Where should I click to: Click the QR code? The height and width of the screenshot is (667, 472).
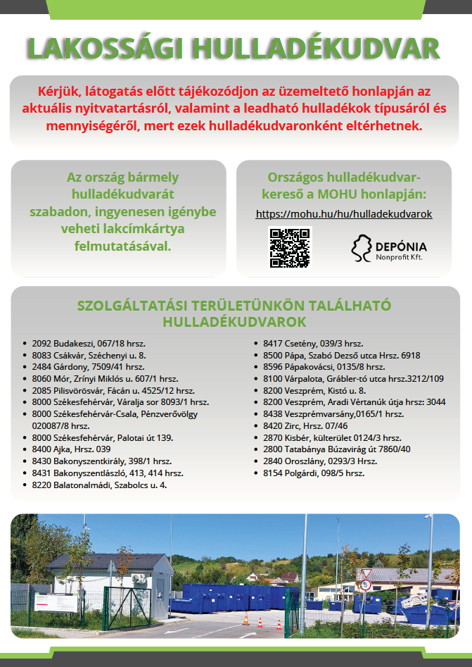pos(290,247)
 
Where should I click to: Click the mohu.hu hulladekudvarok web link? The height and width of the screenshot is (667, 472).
pos(344,214)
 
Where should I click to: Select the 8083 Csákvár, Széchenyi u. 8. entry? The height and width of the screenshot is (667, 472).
pos(89,356)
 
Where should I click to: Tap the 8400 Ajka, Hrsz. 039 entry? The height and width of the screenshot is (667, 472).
pos(72,449)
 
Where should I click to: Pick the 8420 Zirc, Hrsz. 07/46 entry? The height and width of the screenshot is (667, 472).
pos(305,426)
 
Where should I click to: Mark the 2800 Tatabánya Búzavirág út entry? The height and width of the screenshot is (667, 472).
pos(336,449)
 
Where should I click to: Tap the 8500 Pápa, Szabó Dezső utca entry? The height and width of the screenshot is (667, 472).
pos(341,356)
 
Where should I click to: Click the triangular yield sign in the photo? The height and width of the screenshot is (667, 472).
pos(365,572)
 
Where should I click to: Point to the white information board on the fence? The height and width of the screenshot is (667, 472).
pos(56,603)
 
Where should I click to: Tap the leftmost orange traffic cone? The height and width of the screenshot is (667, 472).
pos(245,620)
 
